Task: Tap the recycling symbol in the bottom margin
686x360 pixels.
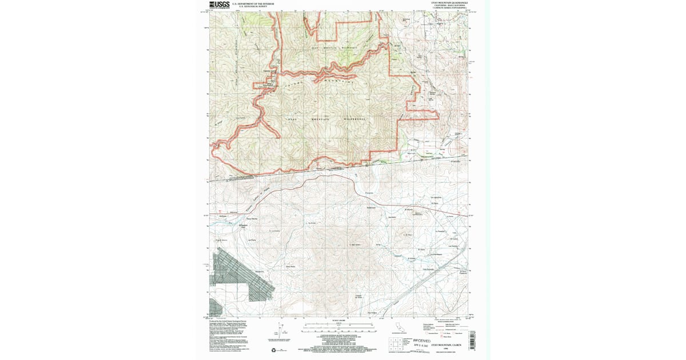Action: pos(273,350)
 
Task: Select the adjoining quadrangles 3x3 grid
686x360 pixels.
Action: pos(394,345)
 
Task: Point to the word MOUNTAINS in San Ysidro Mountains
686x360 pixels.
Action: pos(343,83)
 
